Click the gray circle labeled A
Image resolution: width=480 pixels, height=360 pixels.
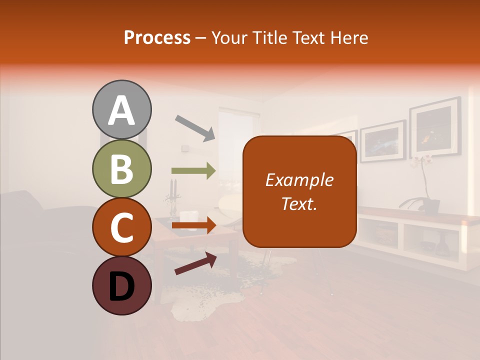click(121, 110)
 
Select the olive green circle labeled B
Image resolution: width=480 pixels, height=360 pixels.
click(121, 169)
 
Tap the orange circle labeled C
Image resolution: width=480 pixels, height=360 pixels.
click(121, 227)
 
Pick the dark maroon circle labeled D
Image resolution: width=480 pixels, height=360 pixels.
click(121, 285)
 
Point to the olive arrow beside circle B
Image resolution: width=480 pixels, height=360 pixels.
click(193, 171)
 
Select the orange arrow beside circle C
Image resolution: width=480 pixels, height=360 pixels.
click(193, 225)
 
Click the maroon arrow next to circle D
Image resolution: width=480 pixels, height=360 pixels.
click(195, 263)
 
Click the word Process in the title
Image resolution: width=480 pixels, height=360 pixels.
click(157, 37)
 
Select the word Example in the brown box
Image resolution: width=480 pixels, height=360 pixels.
click(299, 180)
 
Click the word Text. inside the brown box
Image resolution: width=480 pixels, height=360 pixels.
click(299, 203)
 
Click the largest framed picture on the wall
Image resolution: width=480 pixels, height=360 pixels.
click(435, 127)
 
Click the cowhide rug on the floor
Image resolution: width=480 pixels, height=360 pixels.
click(200, 300)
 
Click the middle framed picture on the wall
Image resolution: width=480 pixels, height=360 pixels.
click(382, 141)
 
